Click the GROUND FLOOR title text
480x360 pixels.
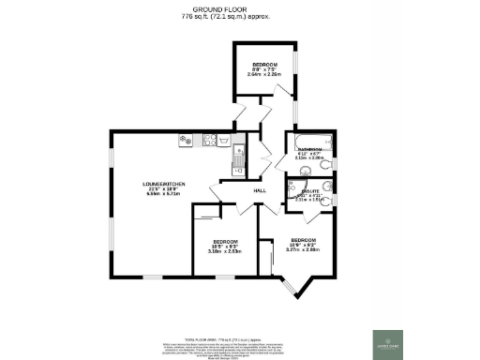pos(239,10)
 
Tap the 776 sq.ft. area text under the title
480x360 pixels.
pos(239,18)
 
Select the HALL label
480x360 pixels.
pos(262,191)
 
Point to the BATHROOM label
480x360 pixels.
pos(310,150)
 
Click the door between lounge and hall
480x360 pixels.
pos(218,194)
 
